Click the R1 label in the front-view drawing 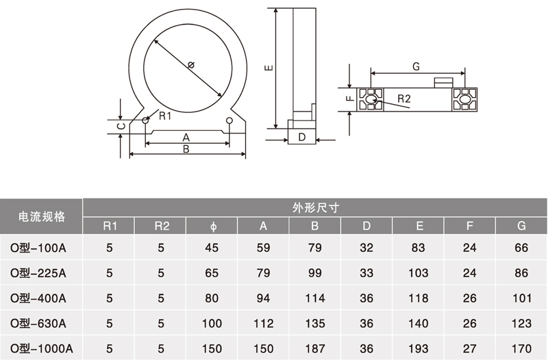point(164,116)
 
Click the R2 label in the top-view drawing point(403,99)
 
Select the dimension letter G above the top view point(416,66)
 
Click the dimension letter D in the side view point(301,138)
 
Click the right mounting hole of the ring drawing point(229,121)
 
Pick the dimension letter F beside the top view point(349,99)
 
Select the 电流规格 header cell point(41,216)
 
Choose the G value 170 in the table point(521,348)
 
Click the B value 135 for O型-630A point(315,322)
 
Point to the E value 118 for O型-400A point(419,298)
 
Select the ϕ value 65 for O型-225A point(212,272)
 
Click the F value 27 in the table point(470,348)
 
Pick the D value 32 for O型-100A point(366,248)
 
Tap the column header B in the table point(315,226)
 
